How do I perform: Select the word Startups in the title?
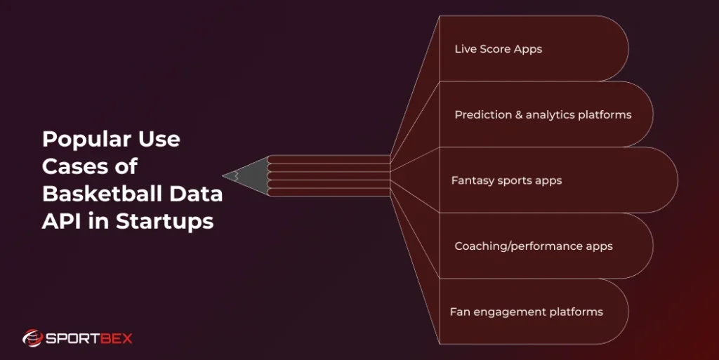point(164,221)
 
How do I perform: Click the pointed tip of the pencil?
point(226,175)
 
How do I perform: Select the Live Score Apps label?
point(498,49)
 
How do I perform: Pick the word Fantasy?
point(471,180)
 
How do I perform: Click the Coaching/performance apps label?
point(533,246)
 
